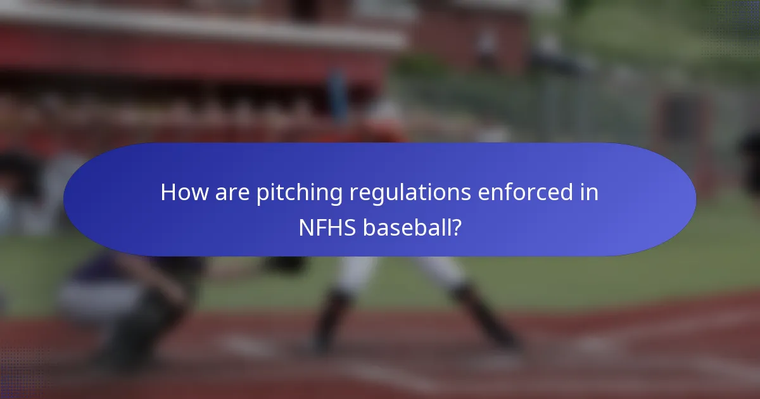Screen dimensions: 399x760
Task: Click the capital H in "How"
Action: pos(168,192)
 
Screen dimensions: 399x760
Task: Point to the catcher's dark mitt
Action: pos(285,263)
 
